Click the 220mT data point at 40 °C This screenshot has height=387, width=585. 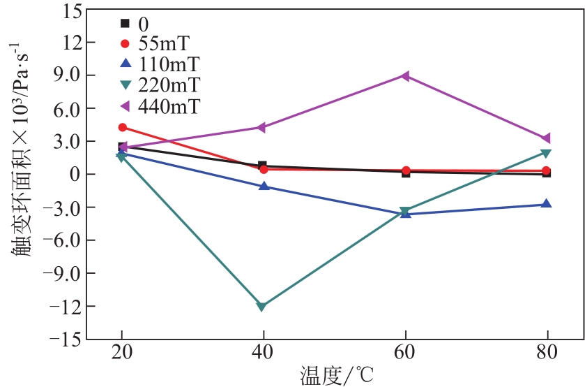click(x=262, y=307)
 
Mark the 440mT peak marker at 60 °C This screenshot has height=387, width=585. click(x=404, y=75)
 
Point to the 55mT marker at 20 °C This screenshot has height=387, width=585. click(x=122, y=127)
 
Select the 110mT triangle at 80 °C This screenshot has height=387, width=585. click(x=547, y=204)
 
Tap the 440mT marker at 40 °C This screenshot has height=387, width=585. click(x=262, y=127)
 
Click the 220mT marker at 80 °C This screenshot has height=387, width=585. click(x=547, y=153)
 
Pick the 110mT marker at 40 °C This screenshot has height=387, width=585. click(x=264, y=187)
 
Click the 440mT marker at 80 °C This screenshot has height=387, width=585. click(x=547, y=138)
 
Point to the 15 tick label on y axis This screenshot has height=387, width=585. click(x=68, y=11)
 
